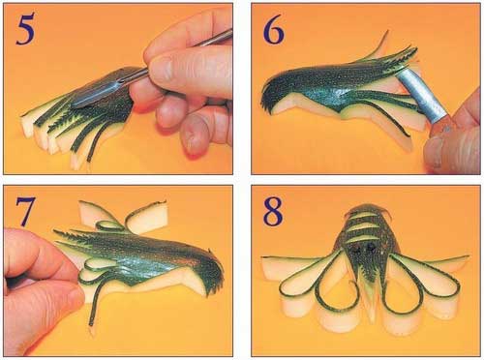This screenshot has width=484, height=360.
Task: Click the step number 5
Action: (25, 30)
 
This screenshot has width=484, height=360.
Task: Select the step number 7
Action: (25, 211)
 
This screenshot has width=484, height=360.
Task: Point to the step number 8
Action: (273, 211)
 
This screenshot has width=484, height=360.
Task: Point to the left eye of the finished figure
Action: (357, 249)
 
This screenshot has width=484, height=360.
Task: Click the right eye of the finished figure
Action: (370, 248)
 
